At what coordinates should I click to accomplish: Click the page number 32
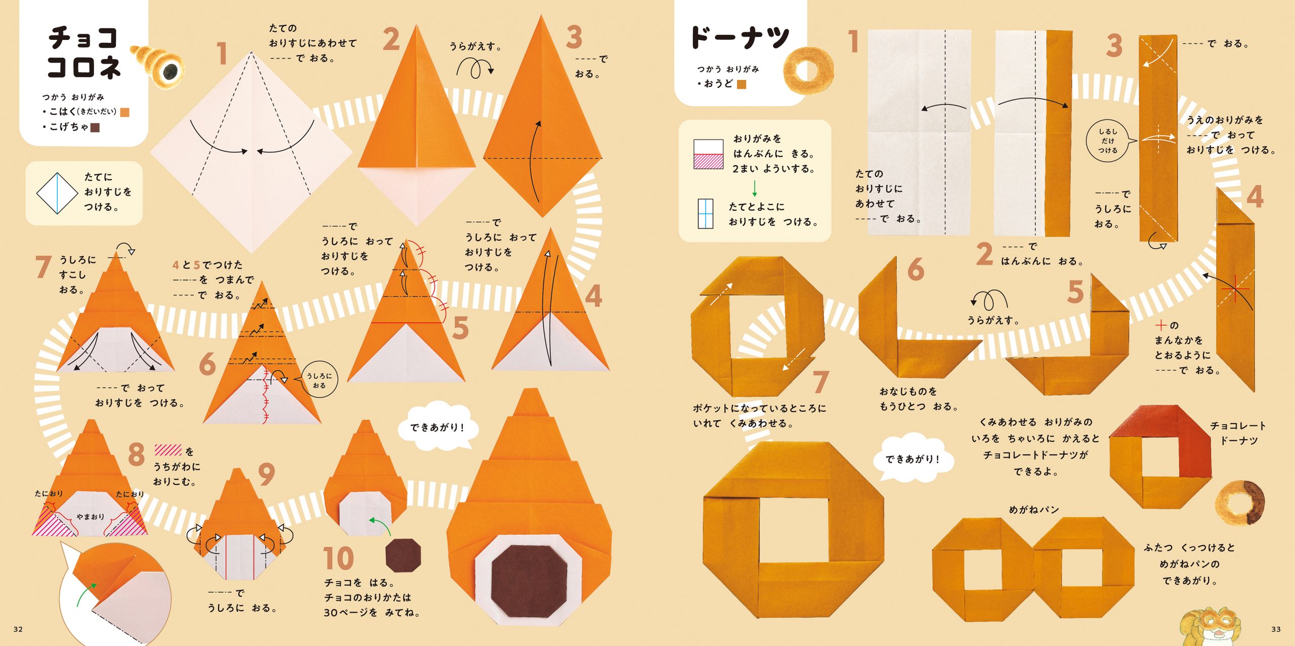click(18, 629)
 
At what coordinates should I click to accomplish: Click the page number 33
click(1276, 629)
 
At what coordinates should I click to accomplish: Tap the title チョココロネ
click(84, 52)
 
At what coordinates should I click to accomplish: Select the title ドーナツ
click(740, 38)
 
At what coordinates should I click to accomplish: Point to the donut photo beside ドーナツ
click(808, 70)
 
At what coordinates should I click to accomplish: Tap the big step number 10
click(338, 558)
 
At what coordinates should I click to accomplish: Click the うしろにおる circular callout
click(319, 380)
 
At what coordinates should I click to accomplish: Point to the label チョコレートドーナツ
click(1238, 433)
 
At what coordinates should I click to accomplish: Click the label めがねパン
click(1034, 510)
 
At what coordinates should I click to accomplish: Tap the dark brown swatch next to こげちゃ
click(95, 127)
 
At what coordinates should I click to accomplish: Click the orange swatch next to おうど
click(742, 84)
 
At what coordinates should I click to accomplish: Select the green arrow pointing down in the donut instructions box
click(754, 188)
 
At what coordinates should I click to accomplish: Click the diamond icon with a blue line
click(57, 194)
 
